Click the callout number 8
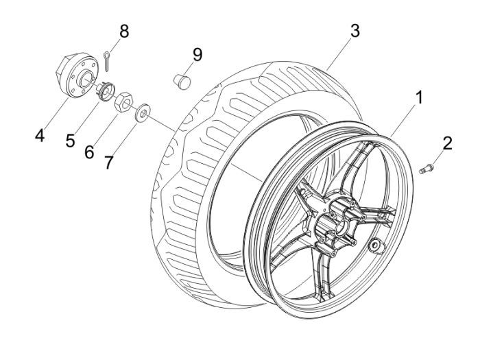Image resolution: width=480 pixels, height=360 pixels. tap(124, 32)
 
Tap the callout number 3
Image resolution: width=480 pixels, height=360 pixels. tap(354, 31)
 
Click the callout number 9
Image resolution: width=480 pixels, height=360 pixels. tap(197, 54)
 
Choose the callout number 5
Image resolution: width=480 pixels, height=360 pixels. tap(70, 141)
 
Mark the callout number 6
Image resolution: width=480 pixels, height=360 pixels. tap(89, 152)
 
